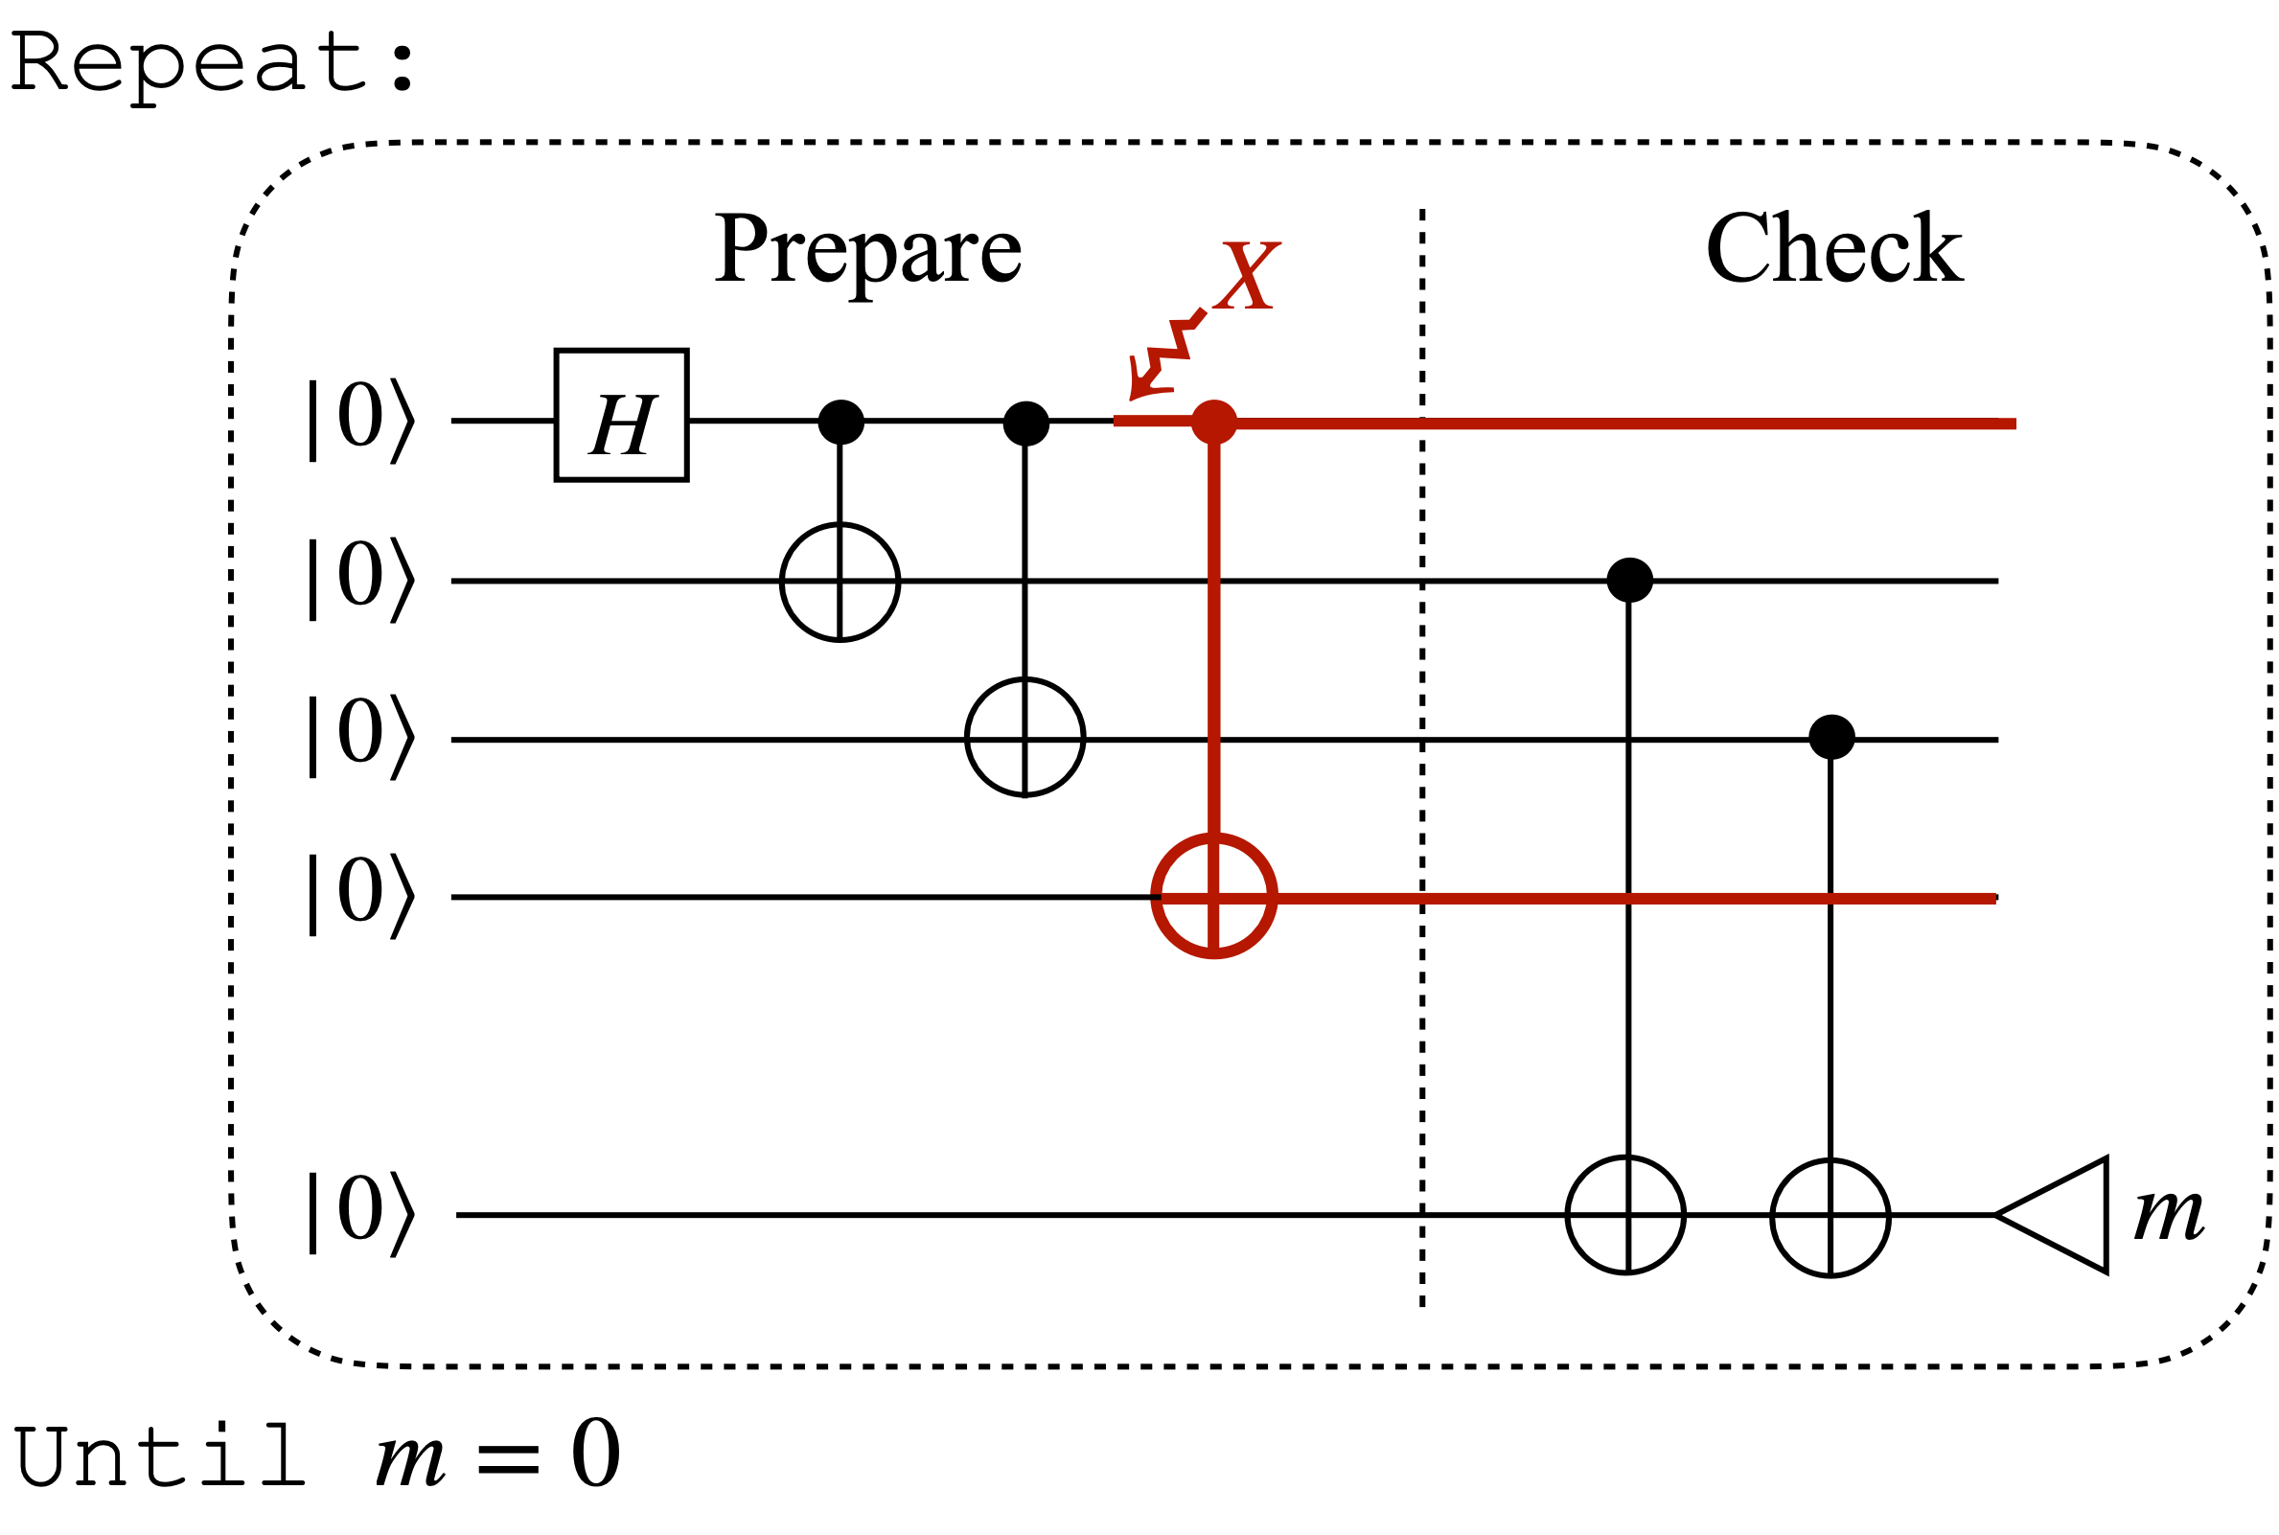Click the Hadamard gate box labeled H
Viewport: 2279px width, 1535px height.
(621, 414)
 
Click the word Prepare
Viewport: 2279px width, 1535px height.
(867, 250)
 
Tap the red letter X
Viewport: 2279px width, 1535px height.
(1245, 276)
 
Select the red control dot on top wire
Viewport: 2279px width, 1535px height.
(1214, 423)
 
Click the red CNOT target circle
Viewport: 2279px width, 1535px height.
(1214, 896)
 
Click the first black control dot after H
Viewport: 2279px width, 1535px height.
(840, 422)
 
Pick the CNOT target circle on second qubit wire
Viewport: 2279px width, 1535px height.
(840, 583)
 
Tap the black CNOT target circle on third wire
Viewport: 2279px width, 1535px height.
(1024, 736)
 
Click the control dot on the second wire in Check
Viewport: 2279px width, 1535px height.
(1629, 580)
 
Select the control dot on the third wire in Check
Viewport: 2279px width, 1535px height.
(1830, 736)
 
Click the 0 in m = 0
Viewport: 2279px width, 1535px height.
(594, 1454)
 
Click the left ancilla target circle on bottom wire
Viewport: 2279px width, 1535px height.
(1625, 1215)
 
